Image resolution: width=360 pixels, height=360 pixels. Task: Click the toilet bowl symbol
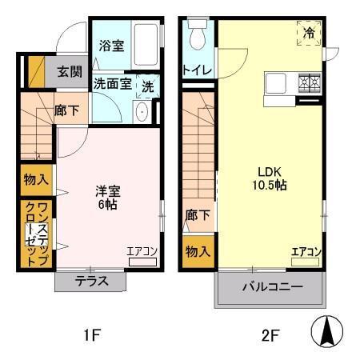[x=198, y=34]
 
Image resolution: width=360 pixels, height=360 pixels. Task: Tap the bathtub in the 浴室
[x=146, y=45]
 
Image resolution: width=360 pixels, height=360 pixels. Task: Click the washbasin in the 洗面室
[x=142, y=112]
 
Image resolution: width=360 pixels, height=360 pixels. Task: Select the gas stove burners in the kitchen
[x=310, y=82]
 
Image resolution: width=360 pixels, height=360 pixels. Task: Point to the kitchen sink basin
[x=276, y=83]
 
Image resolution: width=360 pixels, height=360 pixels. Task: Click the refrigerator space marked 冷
[x=309, y=33]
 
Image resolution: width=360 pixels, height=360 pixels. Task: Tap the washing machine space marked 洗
[x=148, y=86]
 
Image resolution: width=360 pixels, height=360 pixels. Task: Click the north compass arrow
[x=327, y=331]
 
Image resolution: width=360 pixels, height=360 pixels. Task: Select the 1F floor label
[x=92, y=335]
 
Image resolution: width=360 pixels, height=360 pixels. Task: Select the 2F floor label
[x=270, y=335]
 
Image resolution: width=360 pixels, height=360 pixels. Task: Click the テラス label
[x=92, y=281]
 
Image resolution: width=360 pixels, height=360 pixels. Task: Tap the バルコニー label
[x=273, y=287]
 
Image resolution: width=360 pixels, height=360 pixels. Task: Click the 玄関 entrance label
[x=70, y=71]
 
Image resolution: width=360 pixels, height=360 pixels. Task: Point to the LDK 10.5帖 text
[x=270, y=178]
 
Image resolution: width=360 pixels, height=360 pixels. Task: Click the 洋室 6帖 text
[x=108, y=198]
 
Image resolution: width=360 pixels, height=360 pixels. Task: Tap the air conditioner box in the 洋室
[x=142, y=262]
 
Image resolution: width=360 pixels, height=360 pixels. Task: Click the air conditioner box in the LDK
[x=305, y=262]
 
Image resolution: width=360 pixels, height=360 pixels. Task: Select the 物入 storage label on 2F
[x=198, y=251]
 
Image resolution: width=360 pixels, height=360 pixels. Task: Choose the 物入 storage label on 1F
[x=36, y=179]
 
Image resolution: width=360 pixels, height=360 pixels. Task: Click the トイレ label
[x=198, y=70]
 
